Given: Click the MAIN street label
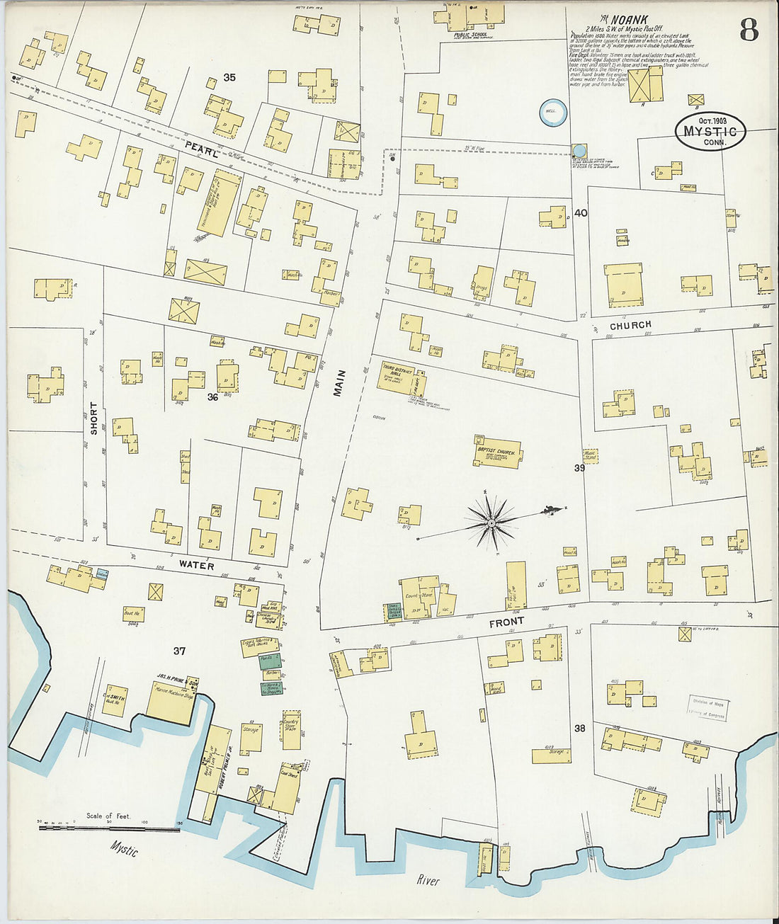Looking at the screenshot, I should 339,383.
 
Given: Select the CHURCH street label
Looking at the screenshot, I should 630,326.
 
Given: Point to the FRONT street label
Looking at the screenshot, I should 506,622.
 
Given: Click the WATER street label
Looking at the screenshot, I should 196,565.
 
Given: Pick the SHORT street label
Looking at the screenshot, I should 93,418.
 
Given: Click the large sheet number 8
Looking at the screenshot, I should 749,30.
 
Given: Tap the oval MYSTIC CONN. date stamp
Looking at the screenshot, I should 710,130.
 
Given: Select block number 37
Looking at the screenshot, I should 179,651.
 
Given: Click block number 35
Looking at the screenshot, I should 229,77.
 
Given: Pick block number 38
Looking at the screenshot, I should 579,728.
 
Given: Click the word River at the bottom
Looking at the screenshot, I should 428,881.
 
